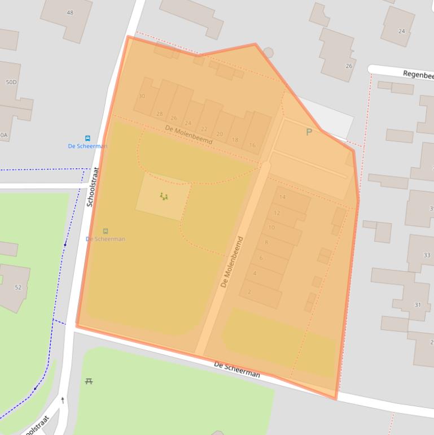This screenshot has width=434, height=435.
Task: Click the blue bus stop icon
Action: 87,138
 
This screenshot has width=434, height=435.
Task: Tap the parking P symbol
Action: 309,132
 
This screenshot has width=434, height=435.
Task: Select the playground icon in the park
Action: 164,197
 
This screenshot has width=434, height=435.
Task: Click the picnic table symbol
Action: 89,382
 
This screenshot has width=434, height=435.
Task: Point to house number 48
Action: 70,12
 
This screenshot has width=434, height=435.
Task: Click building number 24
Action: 401,31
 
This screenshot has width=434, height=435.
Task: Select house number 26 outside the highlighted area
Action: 349,66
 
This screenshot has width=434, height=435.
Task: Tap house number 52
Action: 18,288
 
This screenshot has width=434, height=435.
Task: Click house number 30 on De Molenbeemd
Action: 142,96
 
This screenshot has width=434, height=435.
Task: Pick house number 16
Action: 252,145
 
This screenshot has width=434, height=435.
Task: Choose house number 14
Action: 283,197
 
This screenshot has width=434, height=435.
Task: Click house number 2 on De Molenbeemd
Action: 249,292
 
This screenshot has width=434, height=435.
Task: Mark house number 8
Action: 266,242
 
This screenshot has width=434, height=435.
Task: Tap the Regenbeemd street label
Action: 418,75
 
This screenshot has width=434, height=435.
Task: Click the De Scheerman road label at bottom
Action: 237,371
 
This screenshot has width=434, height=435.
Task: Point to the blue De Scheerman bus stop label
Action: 87,146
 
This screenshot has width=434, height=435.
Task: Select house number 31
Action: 418,305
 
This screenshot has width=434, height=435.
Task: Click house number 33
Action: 427,255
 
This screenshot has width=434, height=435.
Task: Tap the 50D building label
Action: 11,82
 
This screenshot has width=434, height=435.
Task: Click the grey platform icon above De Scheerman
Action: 106,231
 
